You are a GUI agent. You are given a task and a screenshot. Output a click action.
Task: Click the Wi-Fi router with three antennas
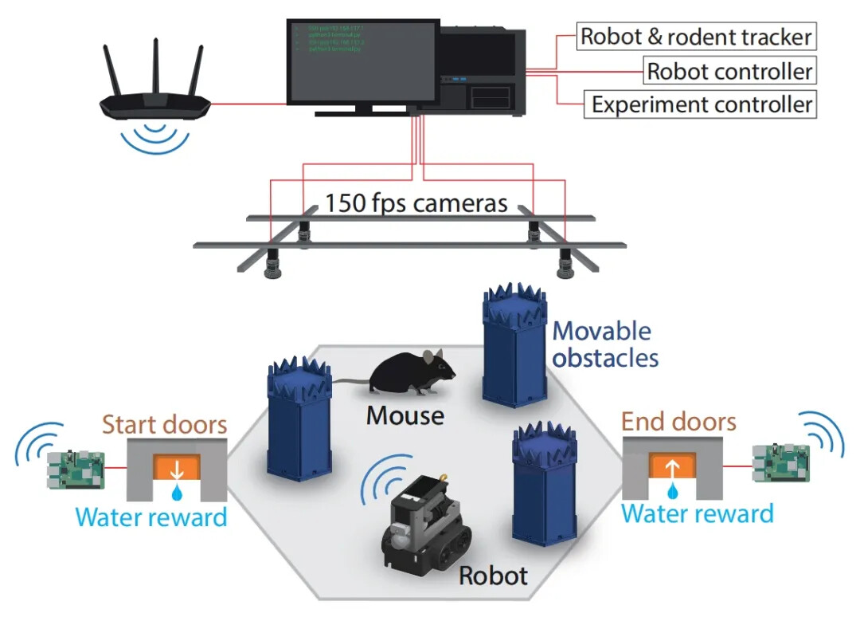click(155, 96)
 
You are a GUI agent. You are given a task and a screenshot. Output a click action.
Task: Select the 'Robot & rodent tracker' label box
click(696, 37)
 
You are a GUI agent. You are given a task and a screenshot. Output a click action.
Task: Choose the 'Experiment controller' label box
click(702, 104)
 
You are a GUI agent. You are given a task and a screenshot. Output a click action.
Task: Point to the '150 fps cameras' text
click(416, 203)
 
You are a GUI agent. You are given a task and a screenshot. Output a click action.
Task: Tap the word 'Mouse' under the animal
click(405, 415)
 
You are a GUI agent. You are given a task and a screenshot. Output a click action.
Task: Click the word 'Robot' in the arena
click(494, 576)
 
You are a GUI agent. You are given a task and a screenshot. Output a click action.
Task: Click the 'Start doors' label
click(165, 424)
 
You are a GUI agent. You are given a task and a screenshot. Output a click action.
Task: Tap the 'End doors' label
click(679, 422)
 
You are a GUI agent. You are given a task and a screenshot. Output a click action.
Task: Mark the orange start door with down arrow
click(178, 466)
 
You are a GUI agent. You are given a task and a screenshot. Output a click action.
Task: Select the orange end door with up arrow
click(674, 465)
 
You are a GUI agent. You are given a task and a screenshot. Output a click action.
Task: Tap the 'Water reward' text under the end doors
click(698, 513)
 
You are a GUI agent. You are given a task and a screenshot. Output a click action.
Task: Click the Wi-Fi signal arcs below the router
click(155, 137)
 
